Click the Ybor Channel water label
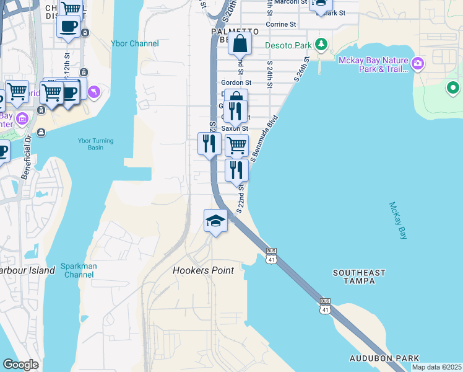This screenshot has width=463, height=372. point(135,43)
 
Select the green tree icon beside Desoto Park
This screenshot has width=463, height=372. point(321,44)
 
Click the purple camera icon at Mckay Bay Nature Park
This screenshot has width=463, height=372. point(418,63)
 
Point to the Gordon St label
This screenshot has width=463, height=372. point(236,82)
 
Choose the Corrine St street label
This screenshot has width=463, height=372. point(281,24)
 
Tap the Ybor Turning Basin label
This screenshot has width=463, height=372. point(96,144)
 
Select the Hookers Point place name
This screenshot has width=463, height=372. point(203,270)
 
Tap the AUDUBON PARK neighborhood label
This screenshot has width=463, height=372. point(384,358)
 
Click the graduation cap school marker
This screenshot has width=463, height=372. point(215,221)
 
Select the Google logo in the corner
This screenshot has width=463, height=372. point(20,365)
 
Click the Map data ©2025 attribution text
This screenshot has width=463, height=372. point(436,367)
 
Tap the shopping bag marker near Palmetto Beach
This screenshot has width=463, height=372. point(240,45)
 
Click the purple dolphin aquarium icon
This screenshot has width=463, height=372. point(93,92)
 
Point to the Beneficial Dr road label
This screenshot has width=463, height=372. point(26,159)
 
